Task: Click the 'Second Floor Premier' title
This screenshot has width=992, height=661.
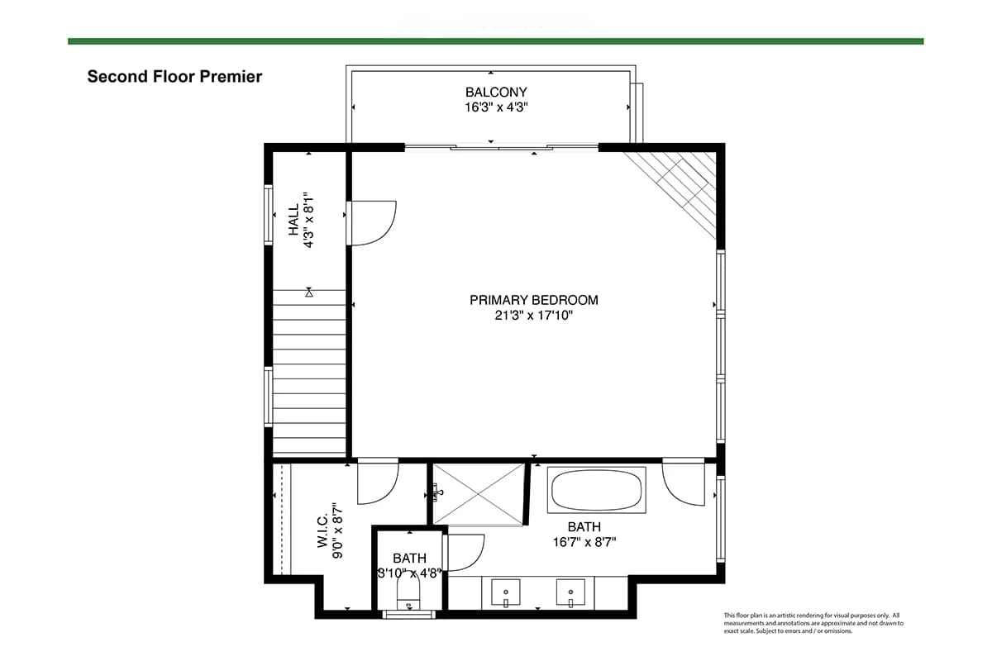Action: [174, 77]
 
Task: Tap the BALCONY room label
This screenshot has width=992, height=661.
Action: [496, 92]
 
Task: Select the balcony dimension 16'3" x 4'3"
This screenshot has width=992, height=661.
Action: [496, 107]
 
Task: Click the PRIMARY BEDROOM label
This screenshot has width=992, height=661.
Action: [534, 300]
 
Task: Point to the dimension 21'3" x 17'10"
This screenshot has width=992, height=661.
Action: [534, 316]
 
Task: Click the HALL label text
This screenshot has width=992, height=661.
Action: [294, 220]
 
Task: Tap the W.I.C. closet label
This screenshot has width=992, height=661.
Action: [322, 530]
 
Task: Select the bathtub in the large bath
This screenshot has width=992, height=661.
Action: [597, 490]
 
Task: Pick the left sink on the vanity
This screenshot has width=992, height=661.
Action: [505, 592]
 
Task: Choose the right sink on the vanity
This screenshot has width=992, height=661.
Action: [570, 592]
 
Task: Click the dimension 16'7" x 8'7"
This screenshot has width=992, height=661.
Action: [584, 542]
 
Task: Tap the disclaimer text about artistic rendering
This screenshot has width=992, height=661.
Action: [813, 623]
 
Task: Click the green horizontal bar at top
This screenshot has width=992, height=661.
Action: [495, 41]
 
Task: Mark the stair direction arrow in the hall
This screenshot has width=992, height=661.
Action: [309, 292]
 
